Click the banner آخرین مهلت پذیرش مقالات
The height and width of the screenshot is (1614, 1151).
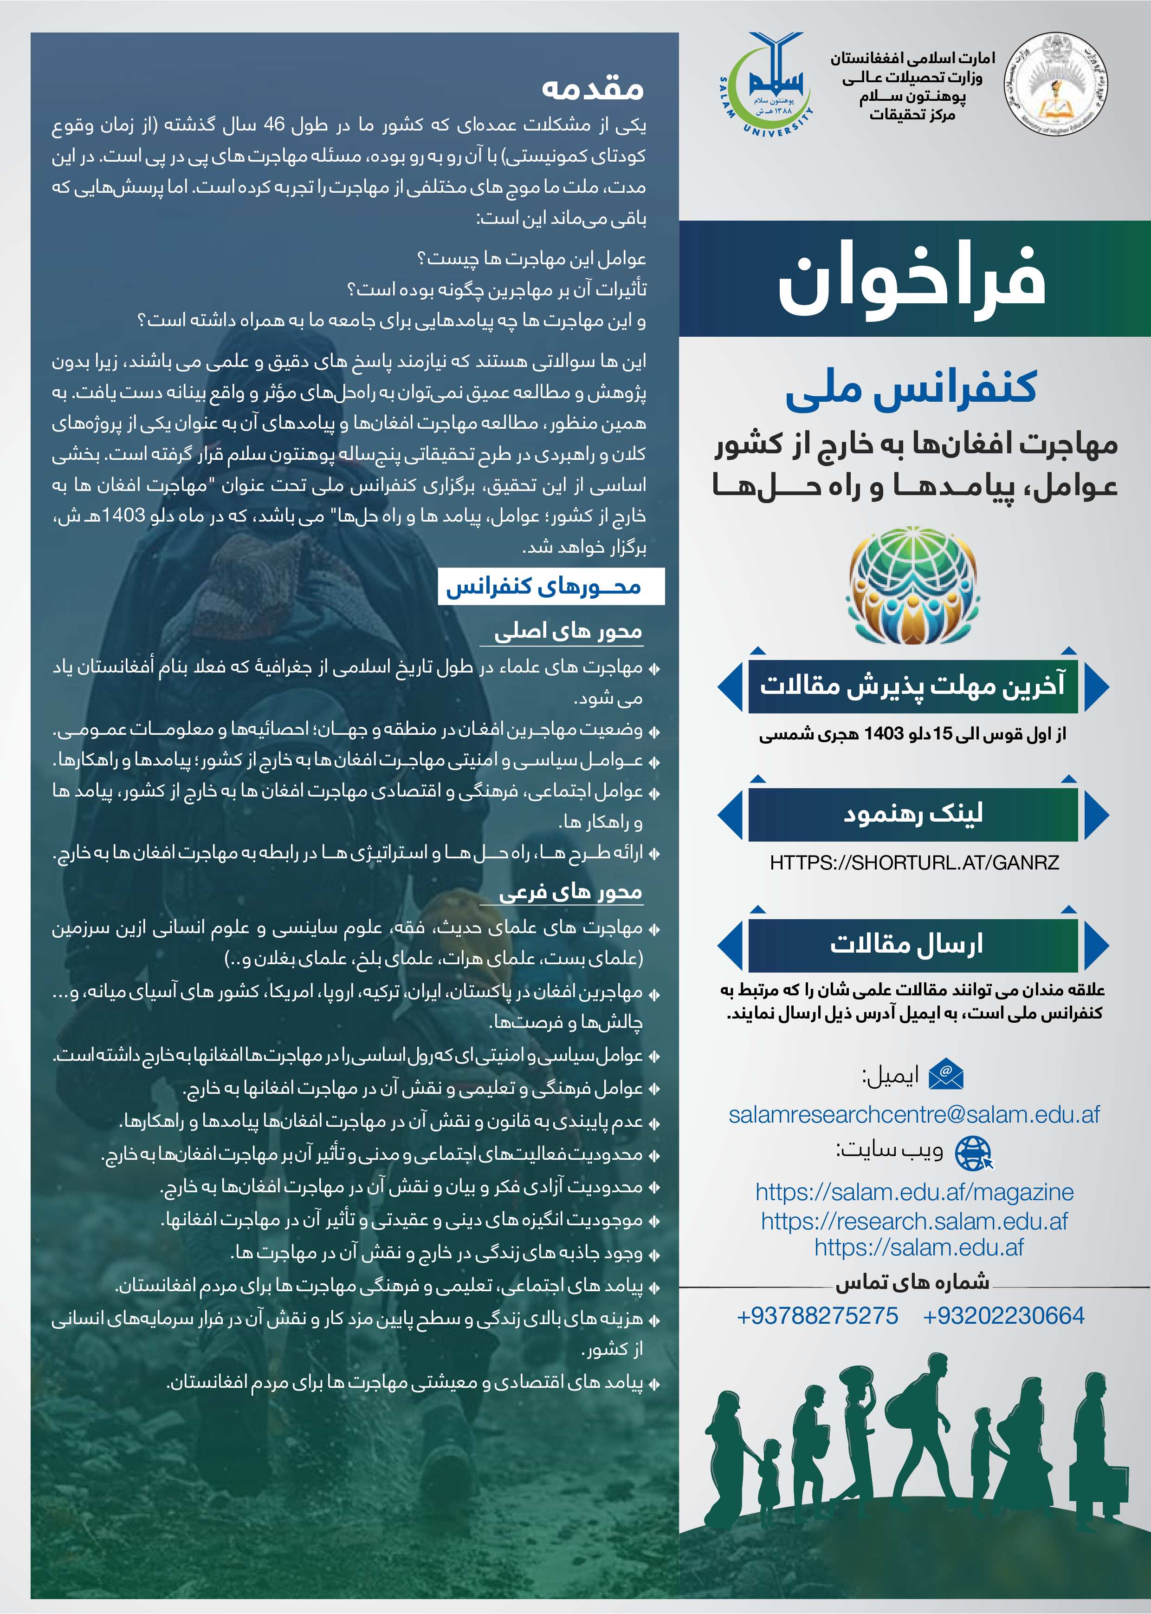tap(912, 686)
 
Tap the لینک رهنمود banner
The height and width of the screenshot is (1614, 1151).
tap(912, 813)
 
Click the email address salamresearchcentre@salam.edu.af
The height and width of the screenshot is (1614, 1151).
tap(913, 1114)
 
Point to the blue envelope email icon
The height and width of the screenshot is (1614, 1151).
tap(947, 1075)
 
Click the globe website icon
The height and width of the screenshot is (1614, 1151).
tap(974, 1153)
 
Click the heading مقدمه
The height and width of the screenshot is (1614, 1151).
tap(593, 88)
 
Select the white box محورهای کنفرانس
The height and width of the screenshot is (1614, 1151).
tap(551, 587)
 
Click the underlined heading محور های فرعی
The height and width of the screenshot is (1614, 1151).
tap(570, 892)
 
